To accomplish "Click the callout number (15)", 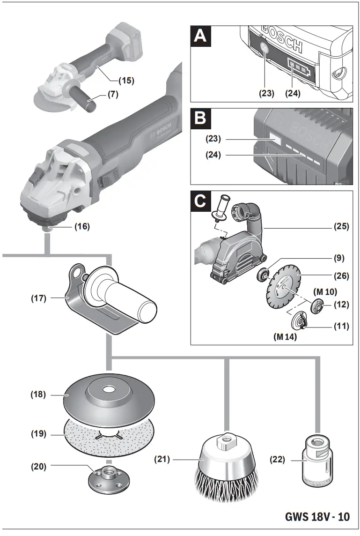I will point(125,80).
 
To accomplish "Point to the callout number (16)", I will point(81,226).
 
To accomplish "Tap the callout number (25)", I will point(341,227).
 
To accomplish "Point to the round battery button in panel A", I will point(263,49).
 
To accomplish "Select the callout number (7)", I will point(113,94).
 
